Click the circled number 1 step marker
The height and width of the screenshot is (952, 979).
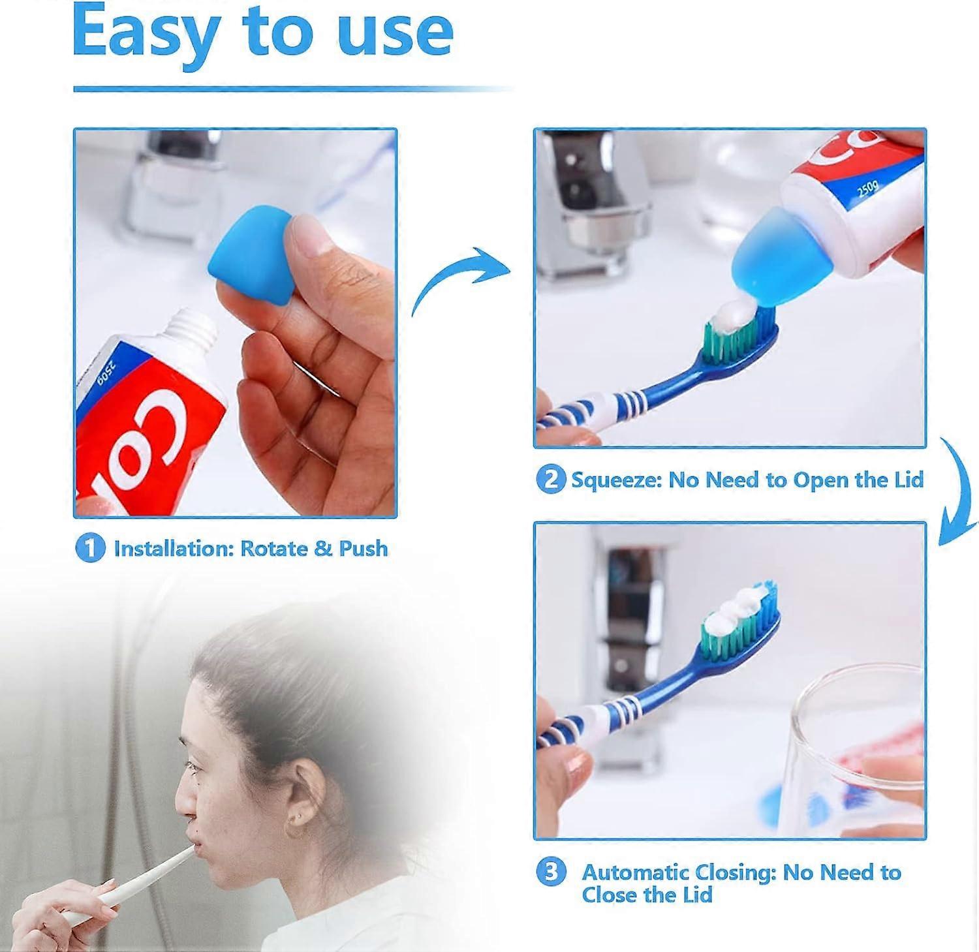[90, 548]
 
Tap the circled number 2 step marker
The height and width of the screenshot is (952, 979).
[550, 480]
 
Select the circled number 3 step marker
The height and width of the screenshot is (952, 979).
[551, 872]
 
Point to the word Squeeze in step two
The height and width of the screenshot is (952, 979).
[616, 480]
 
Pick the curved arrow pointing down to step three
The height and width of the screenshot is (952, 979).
[957, 489]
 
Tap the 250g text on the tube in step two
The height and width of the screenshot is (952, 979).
[867, 190]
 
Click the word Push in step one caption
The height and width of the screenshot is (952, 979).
[363, 549]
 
